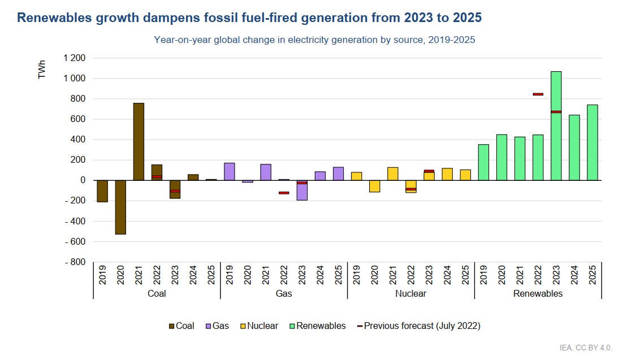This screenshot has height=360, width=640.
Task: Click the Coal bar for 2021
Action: (x=139, y=141)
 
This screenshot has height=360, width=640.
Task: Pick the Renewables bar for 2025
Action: (x=592, y=142)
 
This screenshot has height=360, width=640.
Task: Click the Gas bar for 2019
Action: (x=230, y=171)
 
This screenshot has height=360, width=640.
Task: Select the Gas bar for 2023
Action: (x=302, y=190)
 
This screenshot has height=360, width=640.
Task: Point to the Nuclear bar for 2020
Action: (x=374, y=186)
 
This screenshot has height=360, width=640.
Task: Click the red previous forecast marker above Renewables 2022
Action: (x=538, y=94)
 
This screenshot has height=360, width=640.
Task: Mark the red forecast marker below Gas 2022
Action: (x=284, y=193)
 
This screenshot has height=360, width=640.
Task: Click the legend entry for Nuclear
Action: (x=260, y=326)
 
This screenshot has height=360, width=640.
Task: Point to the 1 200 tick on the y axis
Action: (x=74, y=58)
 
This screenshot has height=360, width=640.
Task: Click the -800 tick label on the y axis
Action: (x=74, y=262)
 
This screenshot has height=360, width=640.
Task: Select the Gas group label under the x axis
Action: (x=284, y=293)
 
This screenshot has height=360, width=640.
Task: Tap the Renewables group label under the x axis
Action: (x=538, y=293)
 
